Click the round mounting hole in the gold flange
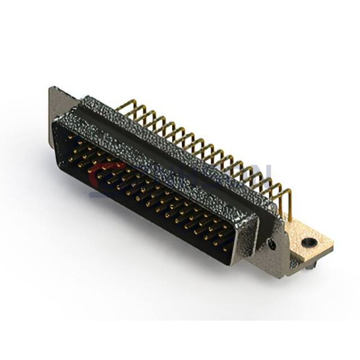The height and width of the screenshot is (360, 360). click(x=310, y=243)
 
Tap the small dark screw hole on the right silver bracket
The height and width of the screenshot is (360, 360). click(x=274, y=245)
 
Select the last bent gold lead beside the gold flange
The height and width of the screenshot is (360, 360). click(x=287, y=198)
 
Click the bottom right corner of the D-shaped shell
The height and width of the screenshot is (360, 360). click(x=246, y=264)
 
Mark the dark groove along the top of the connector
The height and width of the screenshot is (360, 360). click(x=174, y=138)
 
